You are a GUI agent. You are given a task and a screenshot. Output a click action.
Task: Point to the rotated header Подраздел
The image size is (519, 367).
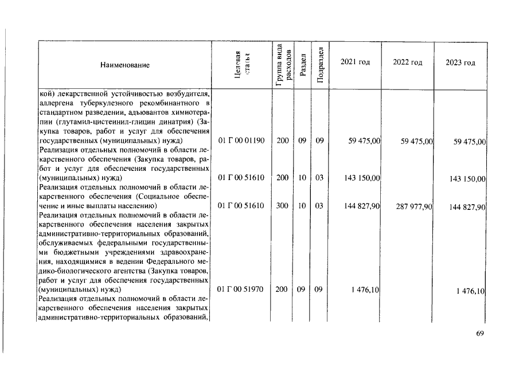point(321,64)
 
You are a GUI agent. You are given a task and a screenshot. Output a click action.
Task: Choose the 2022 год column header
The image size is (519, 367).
point(408,62)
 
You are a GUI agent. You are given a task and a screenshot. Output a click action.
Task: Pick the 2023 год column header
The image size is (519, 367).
point(460,63)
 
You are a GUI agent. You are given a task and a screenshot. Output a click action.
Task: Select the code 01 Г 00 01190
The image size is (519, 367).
point(241,140)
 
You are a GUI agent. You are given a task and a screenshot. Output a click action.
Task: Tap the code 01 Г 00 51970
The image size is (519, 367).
point(241,290)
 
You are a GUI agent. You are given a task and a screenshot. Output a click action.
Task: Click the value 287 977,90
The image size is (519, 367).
point(413,206)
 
